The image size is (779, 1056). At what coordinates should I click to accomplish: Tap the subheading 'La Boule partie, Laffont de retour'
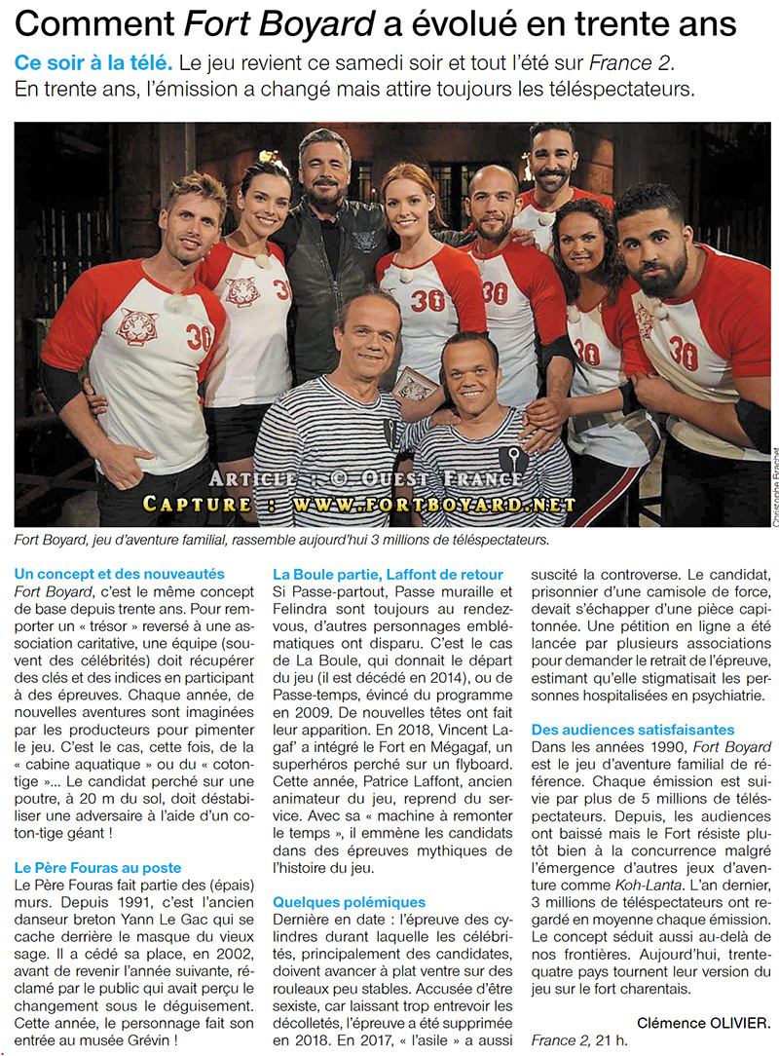tap(388, 574)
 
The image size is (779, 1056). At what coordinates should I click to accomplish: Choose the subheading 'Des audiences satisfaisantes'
tap(633, 729)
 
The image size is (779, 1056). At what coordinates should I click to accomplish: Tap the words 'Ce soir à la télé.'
tap(93, 62)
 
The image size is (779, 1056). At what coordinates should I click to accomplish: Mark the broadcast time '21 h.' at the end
tap(608, 1040)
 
